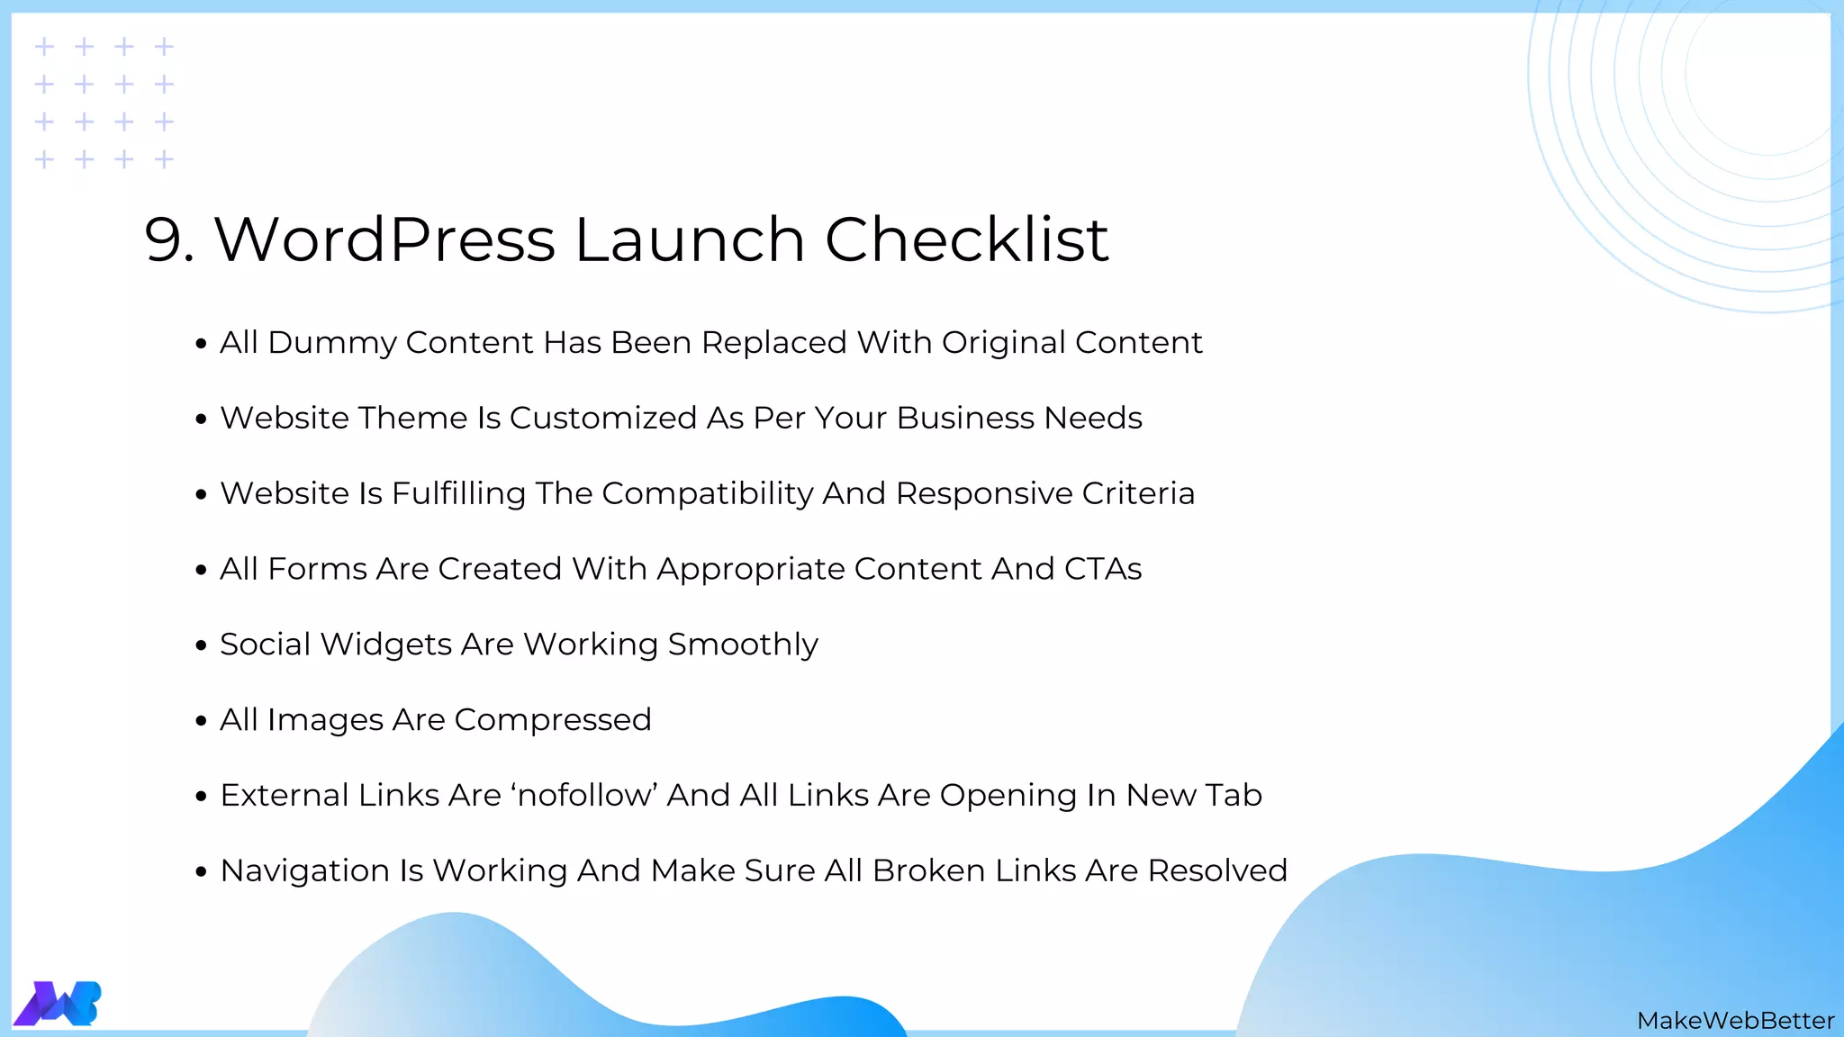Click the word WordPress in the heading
pyautogui.click(x=384, y=240)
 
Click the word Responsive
pyautogui.click(x=984, y=494)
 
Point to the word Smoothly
pyautogui.click(x=743, y=645)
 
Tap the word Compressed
pyautogui.click(x=552, y=720)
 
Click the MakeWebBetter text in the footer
pyautogui.click(x=1735, y=1021)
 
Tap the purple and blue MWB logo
pyautogui.click(x=58, y=1003)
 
